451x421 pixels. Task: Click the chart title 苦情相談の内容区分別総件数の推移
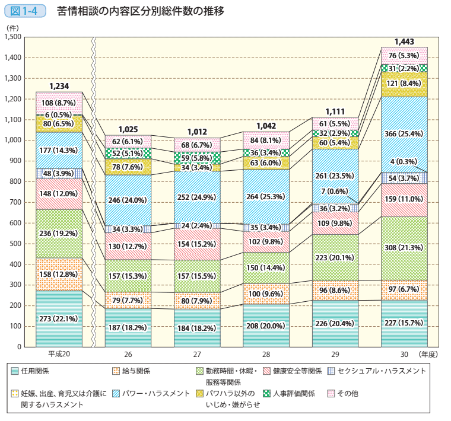point(141,11)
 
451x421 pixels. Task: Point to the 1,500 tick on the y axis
point(12,37)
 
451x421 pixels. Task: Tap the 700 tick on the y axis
point(16,202)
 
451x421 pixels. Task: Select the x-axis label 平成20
point(59,354)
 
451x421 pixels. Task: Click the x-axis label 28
point(266,354)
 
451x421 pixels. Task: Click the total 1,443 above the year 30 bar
point(404,42)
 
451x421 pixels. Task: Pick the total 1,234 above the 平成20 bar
point(59,87)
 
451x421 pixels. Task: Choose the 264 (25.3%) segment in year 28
point(266,196)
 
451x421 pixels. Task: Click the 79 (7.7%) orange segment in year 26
point(128,300)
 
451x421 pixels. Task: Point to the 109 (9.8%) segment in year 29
point(335,224)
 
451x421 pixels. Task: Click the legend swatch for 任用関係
point(15,371)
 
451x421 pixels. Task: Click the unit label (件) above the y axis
point(11,27)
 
